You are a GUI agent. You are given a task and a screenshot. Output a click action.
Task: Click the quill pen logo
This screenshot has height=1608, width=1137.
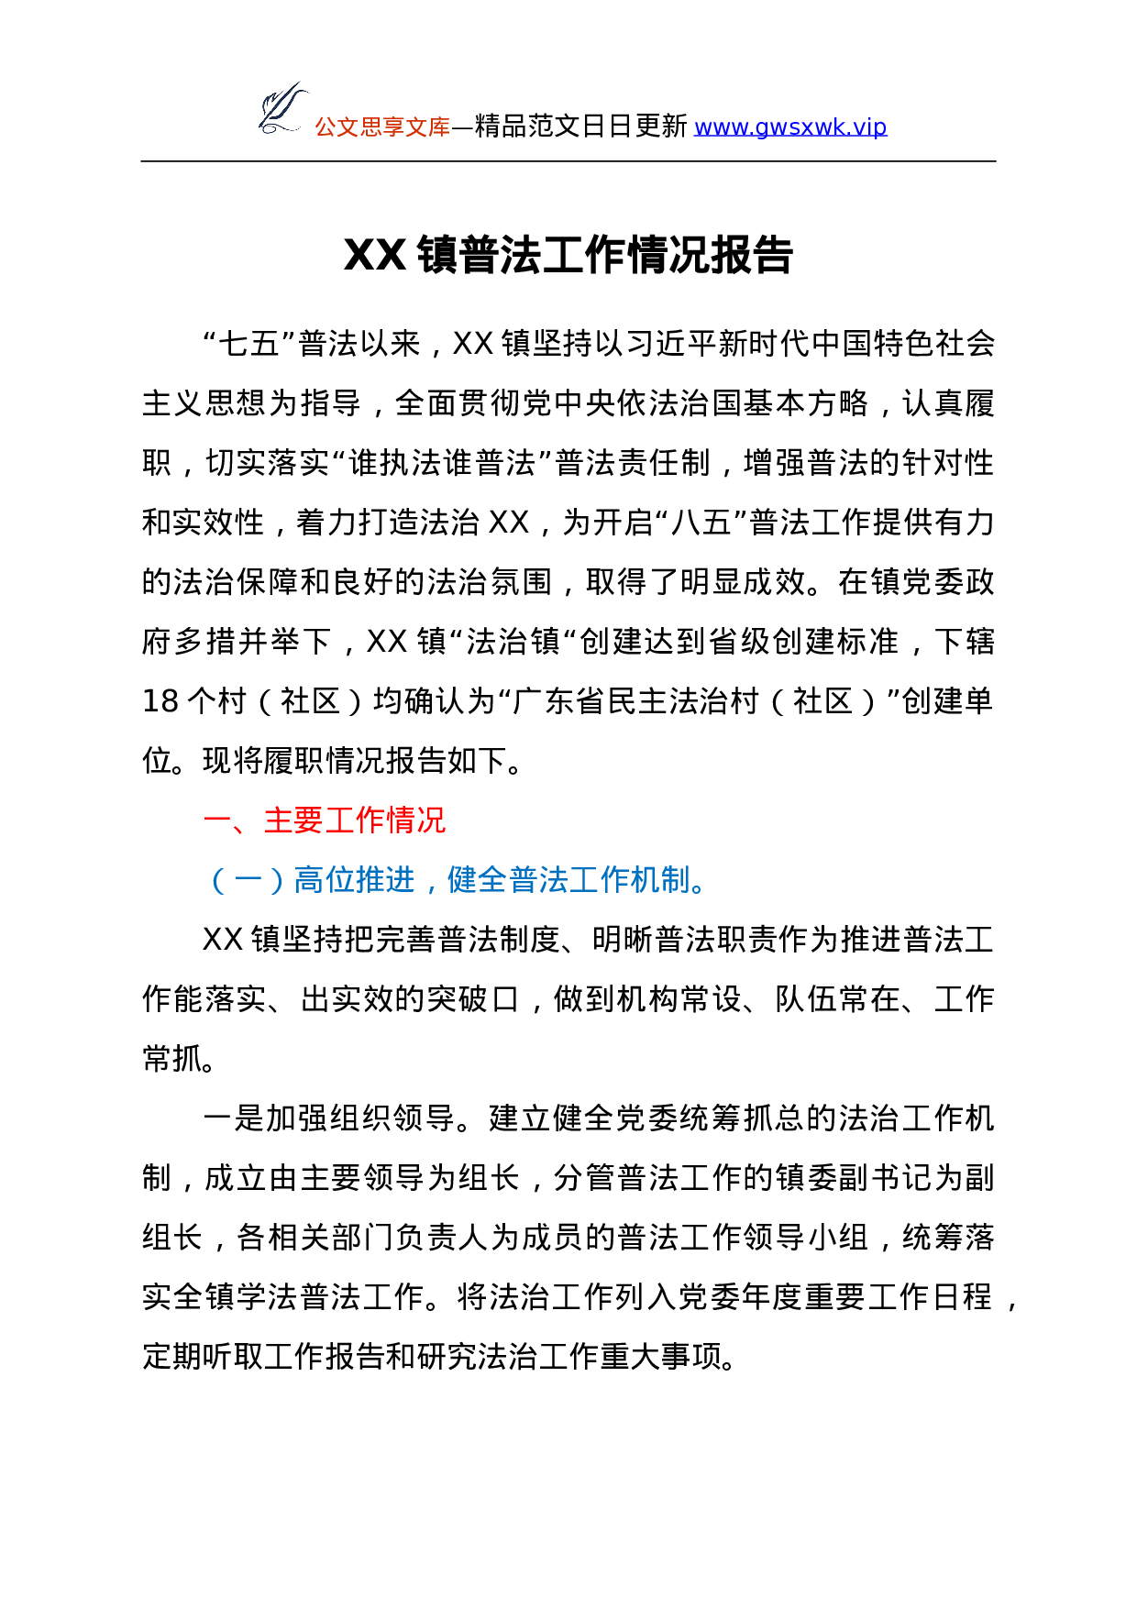pos(281,108)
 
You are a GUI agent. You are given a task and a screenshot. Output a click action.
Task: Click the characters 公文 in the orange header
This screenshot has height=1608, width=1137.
pos(337,127)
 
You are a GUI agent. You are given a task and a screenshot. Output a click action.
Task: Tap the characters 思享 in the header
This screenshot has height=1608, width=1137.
pos(382,127)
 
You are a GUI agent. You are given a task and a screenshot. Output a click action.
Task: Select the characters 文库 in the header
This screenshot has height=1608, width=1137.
pos(428,127)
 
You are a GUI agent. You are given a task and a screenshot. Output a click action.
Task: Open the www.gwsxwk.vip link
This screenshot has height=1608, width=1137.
pos(789,127)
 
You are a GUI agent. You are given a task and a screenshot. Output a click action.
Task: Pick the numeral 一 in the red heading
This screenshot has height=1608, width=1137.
pos(218,821)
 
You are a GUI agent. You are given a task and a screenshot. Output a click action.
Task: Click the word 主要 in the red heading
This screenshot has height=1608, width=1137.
pos(293,821)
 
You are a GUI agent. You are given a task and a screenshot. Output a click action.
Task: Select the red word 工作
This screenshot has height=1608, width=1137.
pos(355,821)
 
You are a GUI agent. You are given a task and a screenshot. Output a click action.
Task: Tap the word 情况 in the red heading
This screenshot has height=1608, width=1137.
pos(415,821)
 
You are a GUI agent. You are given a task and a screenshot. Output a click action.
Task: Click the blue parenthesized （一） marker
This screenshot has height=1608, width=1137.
pos(248,881)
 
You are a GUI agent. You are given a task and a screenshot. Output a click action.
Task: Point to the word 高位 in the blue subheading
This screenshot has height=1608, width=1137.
pos(324,881)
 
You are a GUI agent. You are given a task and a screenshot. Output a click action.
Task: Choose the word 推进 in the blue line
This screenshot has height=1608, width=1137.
pos(385,881)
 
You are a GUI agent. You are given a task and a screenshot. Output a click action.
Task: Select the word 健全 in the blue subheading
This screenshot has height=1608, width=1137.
pos(477,881)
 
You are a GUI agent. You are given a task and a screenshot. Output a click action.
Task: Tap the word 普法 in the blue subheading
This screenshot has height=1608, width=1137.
pos(538,881)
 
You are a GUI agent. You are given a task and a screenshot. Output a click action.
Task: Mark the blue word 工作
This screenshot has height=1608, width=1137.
pos(599,881)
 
